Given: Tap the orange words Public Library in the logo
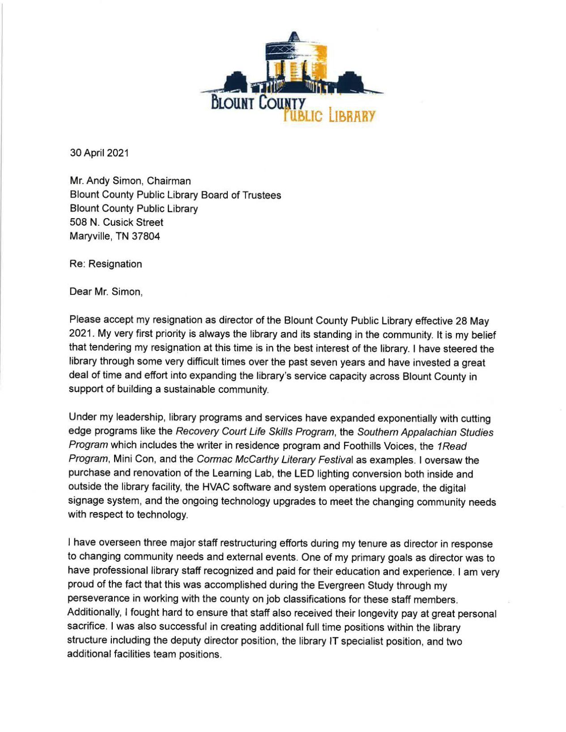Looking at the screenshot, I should click(x=329, y=115).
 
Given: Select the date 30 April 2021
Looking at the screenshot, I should click(x=99, y=153).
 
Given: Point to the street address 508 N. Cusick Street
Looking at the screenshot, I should click(x=116, y=222).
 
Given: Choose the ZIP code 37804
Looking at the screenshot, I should click(x=145, y=236).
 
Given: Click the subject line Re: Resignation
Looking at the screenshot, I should click(x=106, y=264).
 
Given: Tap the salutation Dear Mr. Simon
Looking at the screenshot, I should click(x=106, y=292).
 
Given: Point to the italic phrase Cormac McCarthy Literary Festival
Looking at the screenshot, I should click(x=281, y=460).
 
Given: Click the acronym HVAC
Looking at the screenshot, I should click(x=217, y=488).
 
